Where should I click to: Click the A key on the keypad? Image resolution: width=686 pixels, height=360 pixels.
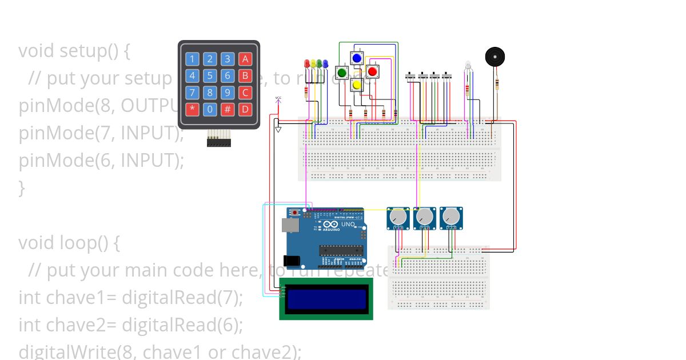pyautogui.click(x=245, y=59)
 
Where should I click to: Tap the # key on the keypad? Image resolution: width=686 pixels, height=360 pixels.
pyautogui.click(x=228, y=109)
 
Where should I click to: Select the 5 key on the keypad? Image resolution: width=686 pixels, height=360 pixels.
pyautogui.click(x=210, y=75)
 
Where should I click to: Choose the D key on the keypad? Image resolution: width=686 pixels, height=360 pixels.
pyautogui.click(x=245, y=109)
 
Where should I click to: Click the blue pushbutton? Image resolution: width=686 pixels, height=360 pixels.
pyautogui.click(x=357, y=58)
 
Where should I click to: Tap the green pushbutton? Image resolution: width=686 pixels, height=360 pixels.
pyautogui.click(x=342, y=73)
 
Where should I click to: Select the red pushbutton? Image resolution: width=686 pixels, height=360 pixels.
pyautogui.click(x=372, y=71)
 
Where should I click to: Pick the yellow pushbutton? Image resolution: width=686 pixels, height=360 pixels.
pyautogui.click(x=357, y=85)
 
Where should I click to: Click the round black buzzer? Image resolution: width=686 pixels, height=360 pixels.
pyautogui.click(x=495, y=57)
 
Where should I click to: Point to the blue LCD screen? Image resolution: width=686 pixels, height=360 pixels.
pyautogui.click(x=326, y=298)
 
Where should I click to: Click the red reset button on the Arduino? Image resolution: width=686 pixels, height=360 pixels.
pyautogui.click(x=294, y=213)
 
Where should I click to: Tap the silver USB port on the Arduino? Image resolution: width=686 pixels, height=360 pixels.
pyautogui.click(x=292, y=226)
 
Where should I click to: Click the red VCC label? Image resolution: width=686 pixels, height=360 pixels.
pyautogui.click(x=278, y=98)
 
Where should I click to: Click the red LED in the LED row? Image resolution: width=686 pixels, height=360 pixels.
pyautogui.click(x=306, y=63)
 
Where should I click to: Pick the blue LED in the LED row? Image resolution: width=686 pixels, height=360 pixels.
pyautogui.click(x=325, y=63)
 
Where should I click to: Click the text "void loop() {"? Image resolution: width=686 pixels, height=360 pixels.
pyautogui.click(x=69, y=242)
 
